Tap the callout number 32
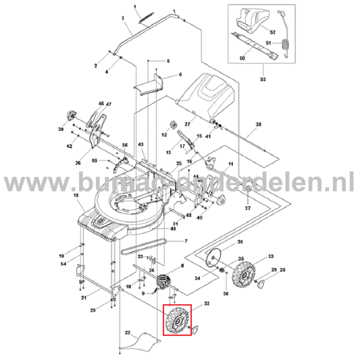coord(207,304)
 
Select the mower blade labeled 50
coord(254,43)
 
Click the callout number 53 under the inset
coord(263,79)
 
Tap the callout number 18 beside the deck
coord(76,196)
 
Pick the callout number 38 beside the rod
coord(259,124)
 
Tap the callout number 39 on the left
coord(61,130)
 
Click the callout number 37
coord(247,208)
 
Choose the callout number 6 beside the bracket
coord(181,75)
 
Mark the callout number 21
coord(83,298)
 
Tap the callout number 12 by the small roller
coord(165,135)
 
